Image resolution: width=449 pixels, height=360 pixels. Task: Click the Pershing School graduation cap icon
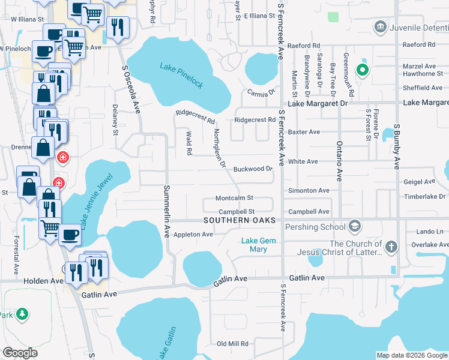click(x=355, y=226)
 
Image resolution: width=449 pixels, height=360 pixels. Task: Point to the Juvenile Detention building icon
click(x=379, y=26)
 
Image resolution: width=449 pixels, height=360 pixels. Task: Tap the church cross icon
click(x=391, y=247)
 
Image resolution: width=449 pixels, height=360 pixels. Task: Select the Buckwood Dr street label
click(x=253, y=169)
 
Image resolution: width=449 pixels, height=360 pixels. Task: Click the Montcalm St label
click(x=235, y=198)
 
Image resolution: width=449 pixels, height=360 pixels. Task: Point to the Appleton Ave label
click(x=193, y=235)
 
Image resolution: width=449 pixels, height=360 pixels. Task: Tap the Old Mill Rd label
click(x=232, y=344)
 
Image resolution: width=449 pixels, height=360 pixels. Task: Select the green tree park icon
click(x=22, y=314)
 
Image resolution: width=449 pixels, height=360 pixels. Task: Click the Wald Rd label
click(x=188, y=145)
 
